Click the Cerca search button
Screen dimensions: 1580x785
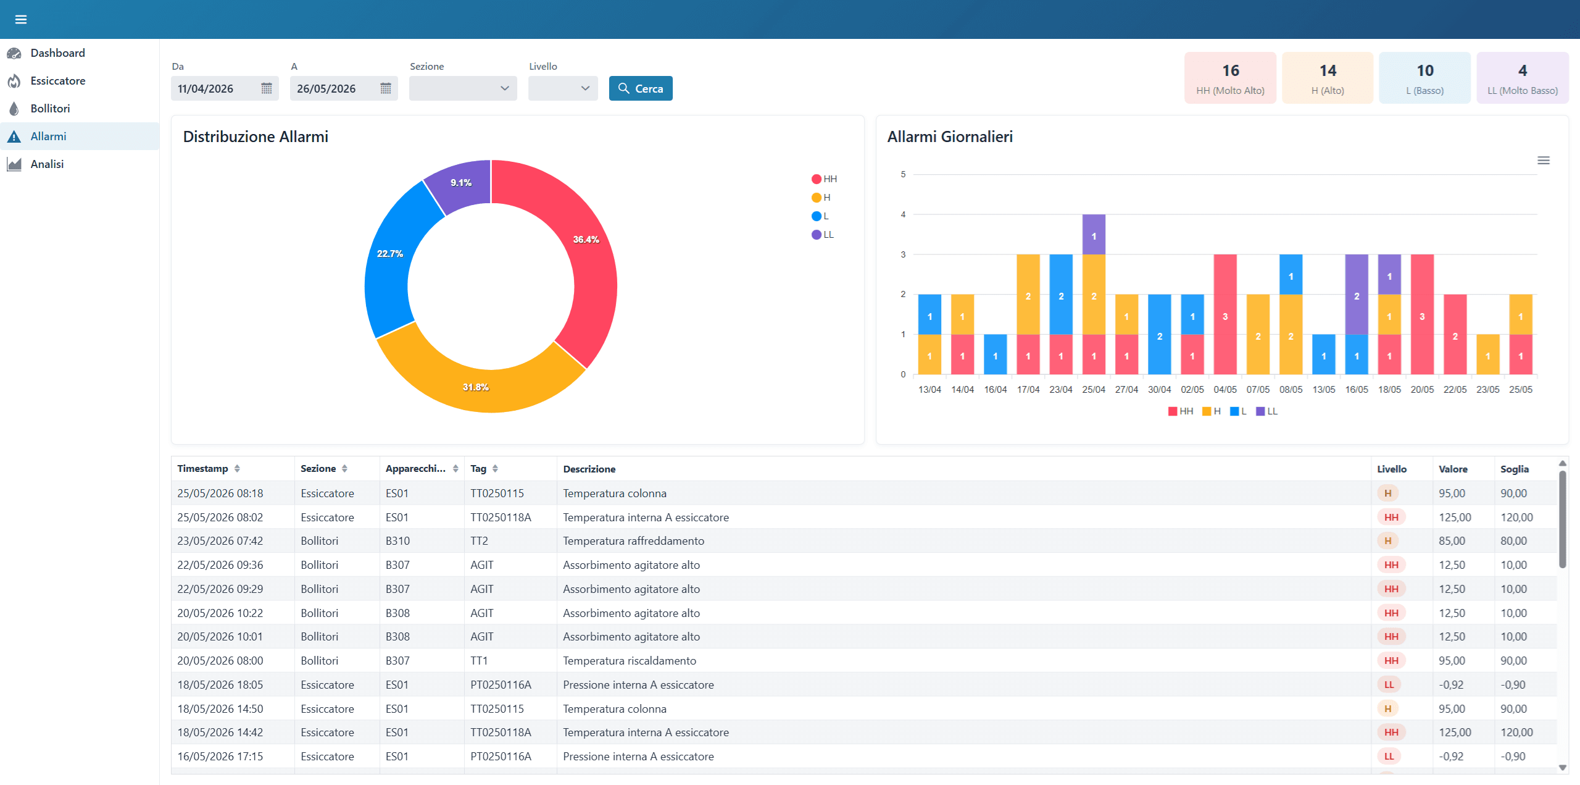641,88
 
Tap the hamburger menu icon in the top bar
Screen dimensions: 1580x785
21,19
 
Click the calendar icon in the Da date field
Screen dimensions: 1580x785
267,88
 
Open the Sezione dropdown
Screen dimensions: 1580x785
463,88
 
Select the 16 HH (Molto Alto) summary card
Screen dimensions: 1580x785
1230,78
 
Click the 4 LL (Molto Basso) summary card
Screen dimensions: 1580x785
1523,78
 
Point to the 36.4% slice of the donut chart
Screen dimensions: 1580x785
586,240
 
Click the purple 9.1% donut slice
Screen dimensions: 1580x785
461,183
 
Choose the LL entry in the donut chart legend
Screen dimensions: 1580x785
823,235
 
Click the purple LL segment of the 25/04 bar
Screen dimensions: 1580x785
1094,235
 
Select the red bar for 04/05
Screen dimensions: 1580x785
1225,314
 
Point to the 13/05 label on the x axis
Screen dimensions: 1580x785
1324,390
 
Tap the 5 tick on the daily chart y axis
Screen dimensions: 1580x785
903,174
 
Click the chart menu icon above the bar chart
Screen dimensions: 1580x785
1544,161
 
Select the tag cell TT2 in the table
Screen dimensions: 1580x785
480,541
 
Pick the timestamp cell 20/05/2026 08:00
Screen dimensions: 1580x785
220,661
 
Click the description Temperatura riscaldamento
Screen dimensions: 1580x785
630,661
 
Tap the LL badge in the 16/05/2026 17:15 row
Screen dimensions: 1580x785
1389,757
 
